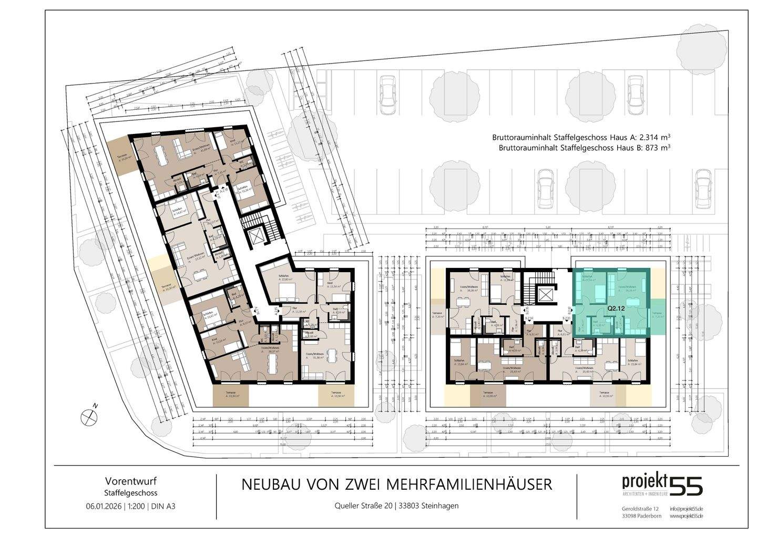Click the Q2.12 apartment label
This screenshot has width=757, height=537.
click(x=615, y=309)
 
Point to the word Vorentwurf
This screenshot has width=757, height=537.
click(x=131, y=480)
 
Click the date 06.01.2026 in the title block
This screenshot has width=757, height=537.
click(x=104, y=507)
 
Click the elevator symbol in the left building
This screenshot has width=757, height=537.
click(x=257, y=237)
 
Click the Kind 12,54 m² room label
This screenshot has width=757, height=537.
click(x=333, y=285)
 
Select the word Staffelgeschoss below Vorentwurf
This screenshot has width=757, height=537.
click(x=131, y=493)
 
